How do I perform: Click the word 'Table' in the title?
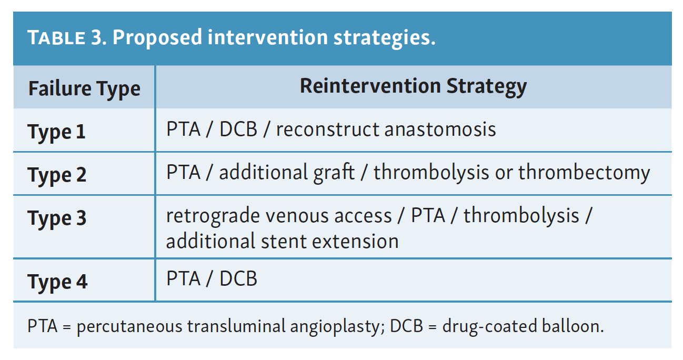click(x=56, y=37)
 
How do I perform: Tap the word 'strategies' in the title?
click(x=384, y=38)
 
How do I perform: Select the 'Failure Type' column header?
click(x=85, y=89)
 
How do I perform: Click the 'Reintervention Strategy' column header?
click(x=413, y=87)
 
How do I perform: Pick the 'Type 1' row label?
click(x=57, y=132)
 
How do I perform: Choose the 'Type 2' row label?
click(x=57, y=175)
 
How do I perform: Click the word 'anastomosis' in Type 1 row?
click(x=440, y=129)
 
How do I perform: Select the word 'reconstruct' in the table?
click(x=327, y=130)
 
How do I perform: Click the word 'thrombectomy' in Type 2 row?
click(x=584, y=173)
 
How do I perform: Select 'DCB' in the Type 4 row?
click(x=238, y=278)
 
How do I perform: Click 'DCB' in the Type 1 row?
click(x=238, y=129)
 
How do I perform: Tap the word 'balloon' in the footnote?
click(x=572, y=326)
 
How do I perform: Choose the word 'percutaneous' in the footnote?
click(x=129, y=327)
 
